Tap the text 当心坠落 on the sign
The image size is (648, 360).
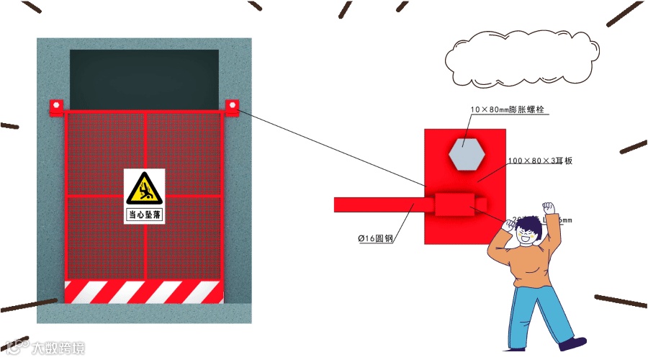click(x=144, y=215)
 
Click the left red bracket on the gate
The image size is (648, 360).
click(x=55, y=107)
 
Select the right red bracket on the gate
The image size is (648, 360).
click(x=232, y=107)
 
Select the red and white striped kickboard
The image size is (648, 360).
click(x=144, y=292)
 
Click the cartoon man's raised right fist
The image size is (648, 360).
click(x=550, y=209)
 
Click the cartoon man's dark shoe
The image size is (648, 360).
click(x=574, y=343)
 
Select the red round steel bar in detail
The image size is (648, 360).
click(x=378, y=205)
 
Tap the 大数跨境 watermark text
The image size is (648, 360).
click(x=57, y=348)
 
